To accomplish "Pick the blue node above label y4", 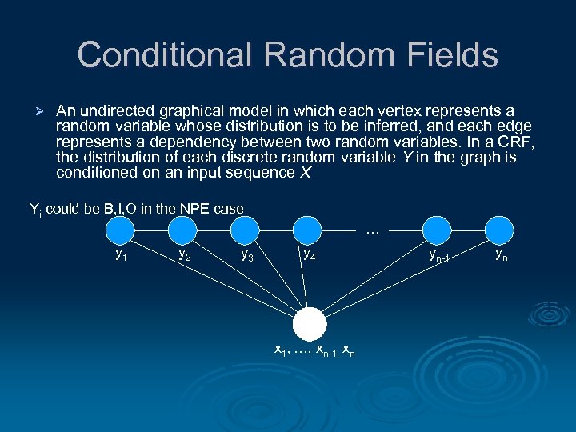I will point(308,231).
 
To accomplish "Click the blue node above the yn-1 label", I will point(438,231).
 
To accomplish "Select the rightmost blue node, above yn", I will point(500,231).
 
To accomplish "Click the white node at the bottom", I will point(310,324).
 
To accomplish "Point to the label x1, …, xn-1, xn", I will point(314,350).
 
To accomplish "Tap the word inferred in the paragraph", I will point(375,126).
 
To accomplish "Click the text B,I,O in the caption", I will point(124,209).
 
